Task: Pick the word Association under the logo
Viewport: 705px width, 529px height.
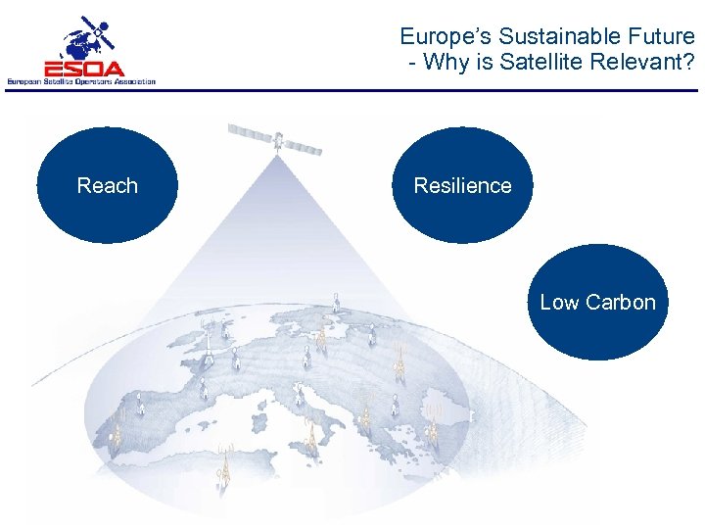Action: (x=131, y=82)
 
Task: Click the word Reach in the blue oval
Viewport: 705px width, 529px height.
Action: (x=107, y=186)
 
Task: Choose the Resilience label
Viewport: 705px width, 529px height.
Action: (x=462, y=186)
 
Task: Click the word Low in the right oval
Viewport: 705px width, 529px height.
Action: (x=560, y=303)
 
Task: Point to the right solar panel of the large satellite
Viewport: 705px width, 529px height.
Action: (x=305, y=148)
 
